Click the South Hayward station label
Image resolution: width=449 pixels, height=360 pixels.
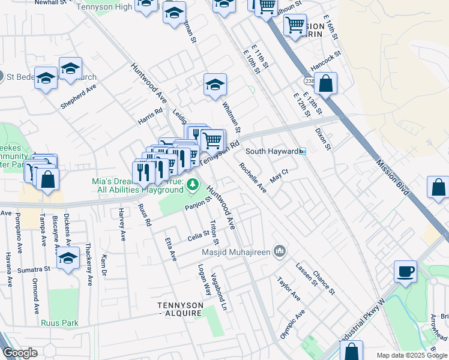[271, 152]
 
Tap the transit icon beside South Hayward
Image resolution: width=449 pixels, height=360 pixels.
[303, 152]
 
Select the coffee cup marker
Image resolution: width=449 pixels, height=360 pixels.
[405, 271]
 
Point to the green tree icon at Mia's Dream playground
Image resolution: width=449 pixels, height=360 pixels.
[192, 184]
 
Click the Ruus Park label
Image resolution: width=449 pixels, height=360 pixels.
[59, 323]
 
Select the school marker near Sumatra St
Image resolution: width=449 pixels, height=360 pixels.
[68, 259]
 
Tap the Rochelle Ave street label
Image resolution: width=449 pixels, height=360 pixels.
[253, 178]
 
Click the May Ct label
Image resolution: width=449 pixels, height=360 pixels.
[280, 175]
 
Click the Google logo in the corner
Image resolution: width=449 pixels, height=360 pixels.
[20, 353]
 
